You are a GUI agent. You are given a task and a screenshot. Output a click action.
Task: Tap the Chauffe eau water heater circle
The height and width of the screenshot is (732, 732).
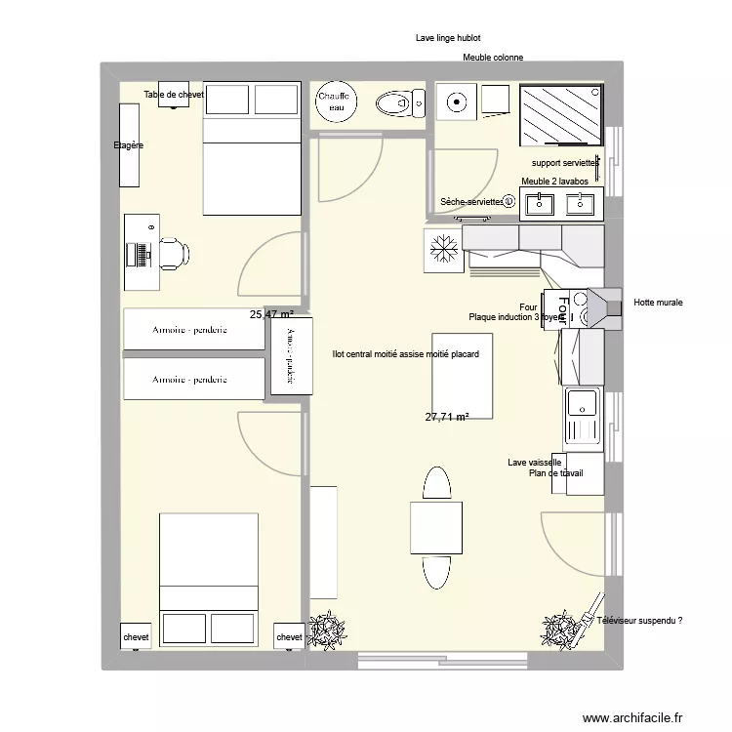pyautogui.click(x=337, y=102)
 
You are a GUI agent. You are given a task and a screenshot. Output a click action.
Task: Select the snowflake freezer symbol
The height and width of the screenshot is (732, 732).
pyautogui.click(x=443, y=250)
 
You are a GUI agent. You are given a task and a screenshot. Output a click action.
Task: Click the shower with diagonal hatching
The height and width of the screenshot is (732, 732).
pyautogui.click(x=560, y=114)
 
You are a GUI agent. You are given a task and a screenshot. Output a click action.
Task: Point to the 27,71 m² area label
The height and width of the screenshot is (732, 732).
pyautogui.click(x=447, y=417)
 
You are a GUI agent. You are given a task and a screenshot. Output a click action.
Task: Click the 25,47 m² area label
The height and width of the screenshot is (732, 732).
pyautogui.click(x=271, y=314)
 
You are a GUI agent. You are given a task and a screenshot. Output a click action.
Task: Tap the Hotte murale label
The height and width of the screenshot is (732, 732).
pyautogui.click(x=658, y=303)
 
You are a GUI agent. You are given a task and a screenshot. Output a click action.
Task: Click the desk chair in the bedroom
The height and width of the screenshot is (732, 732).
pyautogui.click(x=173, y=253)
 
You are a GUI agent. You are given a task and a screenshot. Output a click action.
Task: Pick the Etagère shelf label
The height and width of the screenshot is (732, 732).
pyautogui.click(x=128, y=145)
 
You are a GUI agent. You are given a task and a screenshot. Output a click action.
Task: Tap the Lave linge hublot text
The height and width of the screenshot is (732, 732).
pyautogui.click(x=448, y=38)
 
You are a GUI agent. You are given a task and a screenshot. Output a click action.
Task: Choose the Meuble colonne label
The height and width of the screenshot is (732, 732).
pyautogui.click(x=493, y=58)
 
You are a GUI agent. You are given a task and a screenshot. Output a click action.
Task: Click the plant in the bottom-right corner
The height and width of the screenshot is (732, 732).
pyautogui.click(x=562, y=630)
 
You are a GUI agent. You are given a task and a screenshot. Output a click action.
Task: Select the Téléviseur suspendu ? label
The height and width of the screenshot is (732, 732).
pyautogui.click(x=638, y=620)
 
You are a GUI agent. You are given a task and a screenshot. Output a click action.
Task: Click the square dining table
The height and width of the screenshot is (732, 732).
pyautogui.click(x=436, y=527)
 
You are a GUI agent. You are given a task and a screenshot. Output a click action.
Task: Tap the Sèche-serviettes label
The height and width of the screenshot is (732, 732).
pyautogui.click(x=471, y=201)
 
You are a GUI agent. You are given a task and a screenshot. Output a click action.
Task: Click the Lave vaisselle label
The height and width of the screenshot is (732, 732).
pyautogui.click(x=534, y=463)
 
